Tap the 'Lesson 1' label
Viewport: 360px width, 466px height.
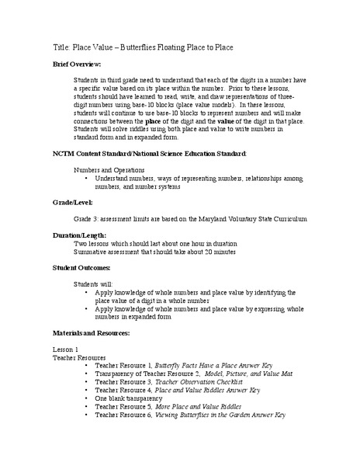point(65,349)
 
